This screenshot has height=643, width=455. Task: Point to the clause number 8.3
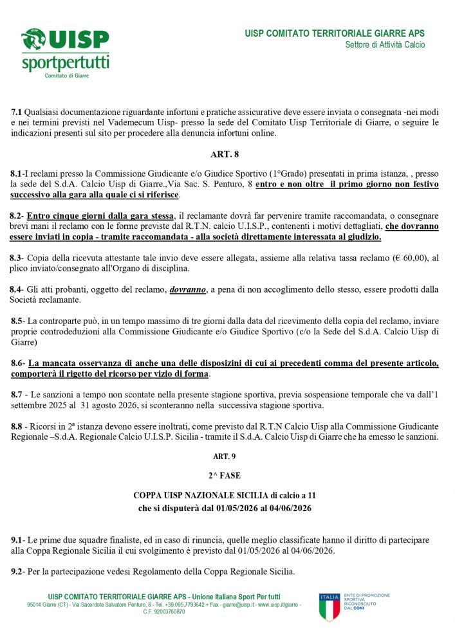point(17,257)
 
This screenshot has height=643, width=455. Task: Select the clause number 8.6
point(17,363)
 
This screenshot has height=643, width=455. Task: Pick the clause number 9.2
point(17,572)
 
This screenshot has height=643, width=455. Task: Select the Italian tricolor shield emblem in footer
point(329,607)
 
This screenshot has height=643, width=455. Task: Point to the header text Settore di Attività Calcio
point(385,45)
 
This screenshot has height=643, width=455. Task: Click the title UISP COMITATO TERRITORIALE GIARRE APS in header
point(335,33)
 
